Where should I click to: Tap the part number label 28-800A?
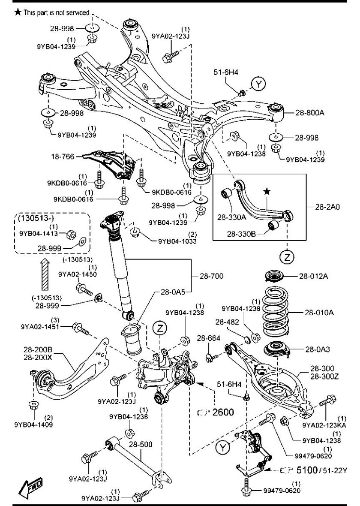(x=309, y=113)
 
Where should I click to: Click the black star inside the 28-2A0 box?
(x=266, y=192)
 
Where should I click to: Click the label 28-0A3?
(x=315, y=349)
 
